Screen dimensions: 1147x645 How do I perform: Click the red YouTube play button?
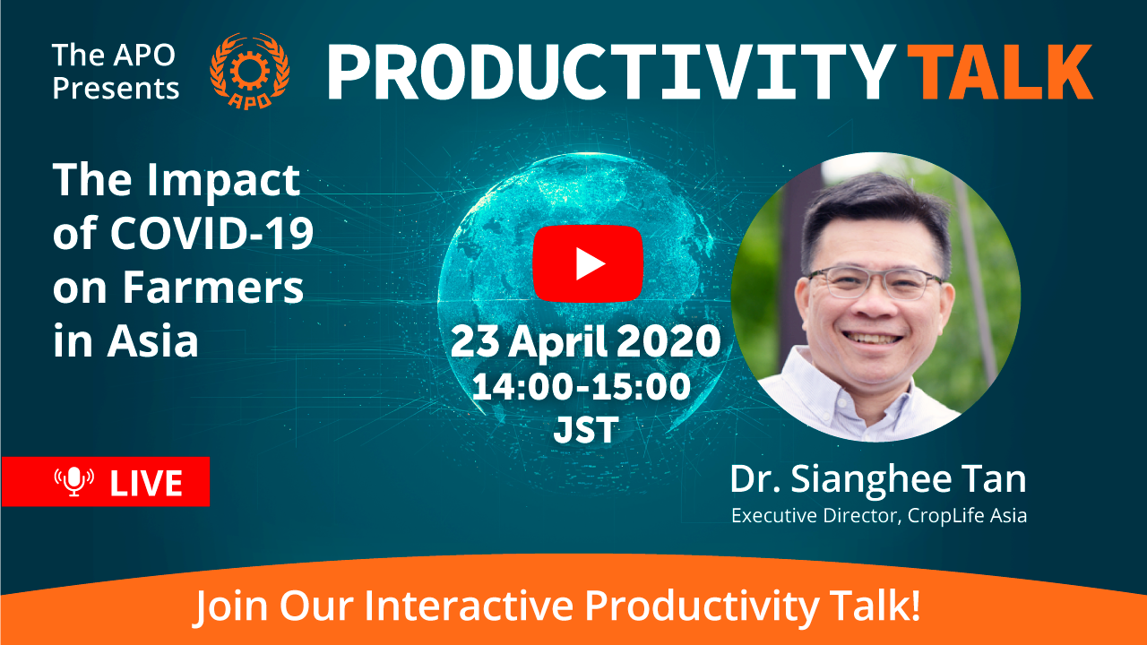[588, 263]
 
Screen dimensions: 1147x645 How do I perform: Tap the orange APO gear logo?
[249, 71]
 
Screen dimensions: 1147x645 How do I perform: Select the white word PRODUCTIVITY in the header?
[612, 72]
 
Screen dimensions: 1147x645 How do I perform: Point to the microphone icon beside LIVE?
[74, 481]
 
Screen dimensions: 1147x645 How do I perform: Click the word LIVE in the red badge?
[146, 483]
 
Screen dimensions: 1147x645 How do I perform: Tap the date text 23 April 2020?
[586, 342]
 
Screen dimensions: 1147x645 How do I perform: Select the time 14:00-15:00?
[582, 387]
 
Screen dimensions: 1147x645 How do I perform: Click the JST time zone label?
[586, 430]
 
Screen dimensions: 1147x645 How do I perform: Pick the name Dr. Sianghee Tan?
[878, 480]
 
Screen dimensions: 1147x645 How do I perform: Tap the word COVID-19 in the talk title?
[211, 234]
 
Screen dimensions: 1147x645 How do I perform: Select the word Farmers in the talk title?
[212, 288]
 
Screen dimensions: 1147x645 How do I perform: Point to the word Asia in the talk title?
[152, 341]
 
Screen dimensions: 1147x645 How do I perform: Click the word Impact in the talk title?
[223, 182]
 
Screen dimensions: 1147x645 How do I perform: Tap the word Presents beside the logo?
[116, 89]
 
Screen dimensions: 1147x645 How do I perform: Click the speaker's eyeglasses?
[875, 282]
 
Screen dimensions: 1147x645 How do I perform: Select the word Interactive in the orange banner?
[469, 606]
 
